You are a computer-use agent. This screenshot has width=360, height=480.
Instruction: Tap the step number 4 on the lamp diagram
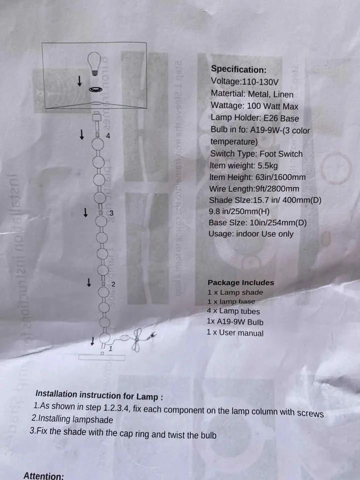click(108, 136)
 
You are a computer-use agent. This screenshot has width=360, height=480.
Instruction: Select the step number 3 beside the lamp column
click(111, 213)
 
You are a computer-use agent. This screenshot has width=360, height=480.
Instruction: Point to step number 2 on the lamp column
click(113, 284)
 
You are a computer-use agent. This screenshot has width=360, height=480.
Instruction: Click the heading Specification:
click(238, 69)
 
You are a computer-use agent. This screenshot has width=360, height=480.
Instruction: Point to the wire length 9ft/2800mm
click(274, 189)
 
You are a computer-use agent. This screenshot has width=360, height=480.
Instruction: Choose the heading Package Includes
click(240, 282)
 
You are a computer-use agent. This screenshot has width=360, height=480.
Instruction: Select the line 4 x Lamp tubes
click(233, 312)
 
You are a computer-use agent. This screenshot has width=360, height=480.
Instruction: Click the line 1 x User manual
click(235, 333)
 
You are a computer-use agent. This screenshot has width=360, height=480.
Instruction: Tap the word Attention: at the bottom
click(43, 476)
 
